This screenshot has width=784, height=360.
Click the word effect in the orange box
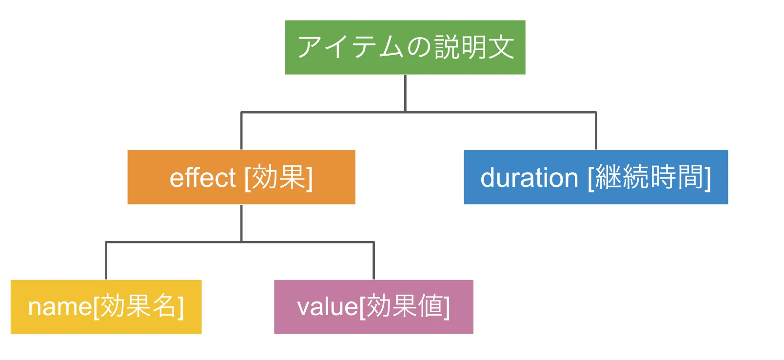pyautogui.click(x=202, y=178)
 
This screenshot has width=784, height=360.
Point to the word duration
pyautogui.click(x=529, y=178)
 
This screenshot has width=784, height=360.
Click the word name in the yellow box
pyautogui.click(x=59, y=307)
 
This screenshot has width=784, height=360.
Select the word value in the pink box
pyautogui.click(x=328, y=307)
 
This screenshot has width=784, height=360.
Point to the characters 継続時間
pyautogui.click(x=649, y=177)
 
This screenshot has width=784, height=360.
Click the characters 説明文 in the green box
pyautogui.click(x=474, y=47)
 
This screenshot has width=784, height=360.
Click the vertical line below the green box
pyautogui.click(x=405, y=93)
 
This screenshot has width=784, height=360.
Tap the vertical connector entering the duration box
pyautogui.click(x=596, y=131)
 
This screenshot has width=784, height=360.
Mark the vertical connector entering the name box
pyautogui.click(x=106, y=260)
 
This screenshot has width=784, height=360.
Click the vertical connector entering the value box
pyautogui.click(x=373, y=260)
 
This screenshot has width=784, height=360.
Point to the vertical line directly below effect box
pyautogui.click(x=241, y=222)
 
